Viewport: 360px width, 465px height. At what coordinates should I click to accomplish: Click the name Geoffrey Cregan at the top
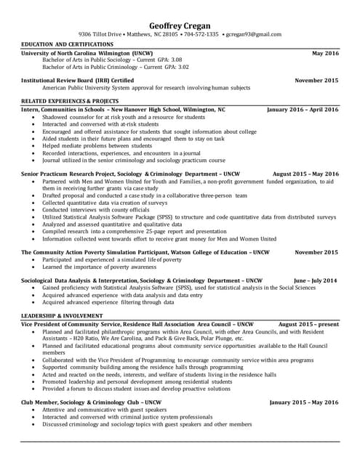(180, 23)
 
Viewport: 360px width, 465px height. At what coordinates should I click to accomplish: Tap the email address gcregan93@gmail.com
(252, 34)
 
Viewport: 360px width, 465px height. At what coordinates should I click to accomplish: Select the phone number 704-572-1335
(201, 34)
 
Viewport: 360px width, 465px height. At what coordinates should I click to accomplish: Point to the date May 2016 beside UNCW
(325, 54)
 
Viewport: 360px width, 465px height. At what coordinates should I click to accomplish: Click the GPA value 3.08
(175, 60)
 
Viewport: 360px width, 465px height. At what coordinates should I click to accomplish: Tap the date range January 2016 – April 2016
(303, 109)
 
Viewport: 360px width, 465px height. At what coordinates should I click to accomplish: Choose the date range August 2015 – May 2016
(305, 174)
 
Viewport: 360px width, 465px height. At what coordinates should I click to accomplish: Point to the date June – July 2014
(315, 280)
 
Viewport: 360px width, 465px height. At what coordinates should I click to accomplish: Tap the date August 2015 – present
(308, 323)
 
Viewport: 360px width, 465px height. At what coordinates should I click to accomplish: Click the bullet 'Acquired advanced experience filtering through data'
(107, 302)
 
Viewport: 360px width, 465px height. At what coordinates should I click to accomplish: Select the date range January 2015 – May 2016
(304, 402)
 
